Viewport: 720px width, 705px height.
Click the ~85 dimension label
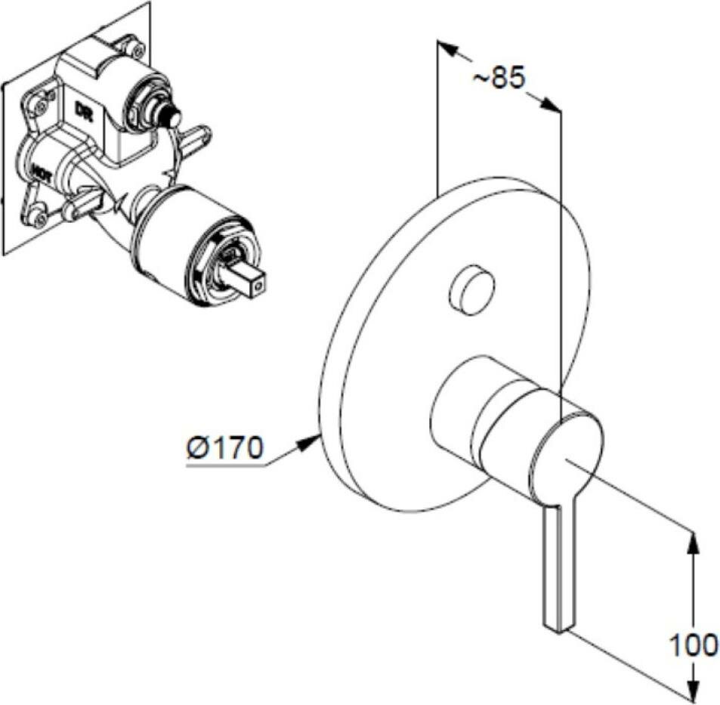pyautogui.click(x=498, y=78)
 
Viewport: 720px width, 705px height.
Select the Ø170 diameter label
pyautogui.click(x=225, y=449)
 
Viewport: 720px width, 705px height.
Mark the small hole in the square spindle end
pyautogui.click(x=258, y=286)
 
